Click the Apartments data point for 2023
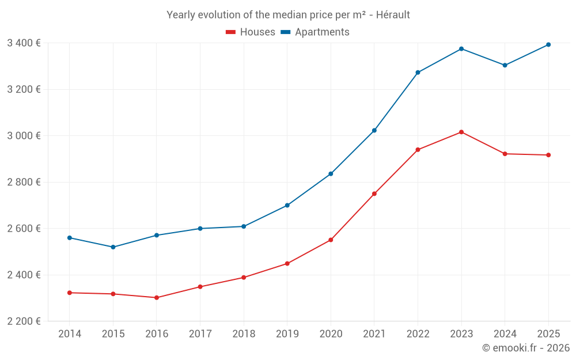coord(461,49)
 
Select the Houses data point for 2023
coord(461,132)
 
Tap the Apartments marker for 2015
coord(113,247)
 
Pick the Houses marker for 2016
coord(157,298)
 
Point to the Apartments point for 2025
coord(548,44)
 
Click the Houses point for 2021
coord(374,194)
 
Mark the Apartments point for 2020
coord(331,173)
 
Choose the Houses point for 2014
coord(70,293)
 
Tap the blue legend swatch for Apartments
coord(285,32)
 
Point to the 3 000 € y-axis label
coord(24,136)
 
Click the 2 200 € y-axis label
coord(24,321)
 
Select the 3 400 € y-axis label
coord(24,43)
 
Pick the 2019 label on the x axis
coord(287,334)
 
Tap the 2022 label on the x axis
coord(418,334)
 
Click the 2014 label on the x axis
coord(70,334)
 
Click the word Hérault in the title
coord(393,15)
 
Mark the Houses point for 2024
coord(505,154)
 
